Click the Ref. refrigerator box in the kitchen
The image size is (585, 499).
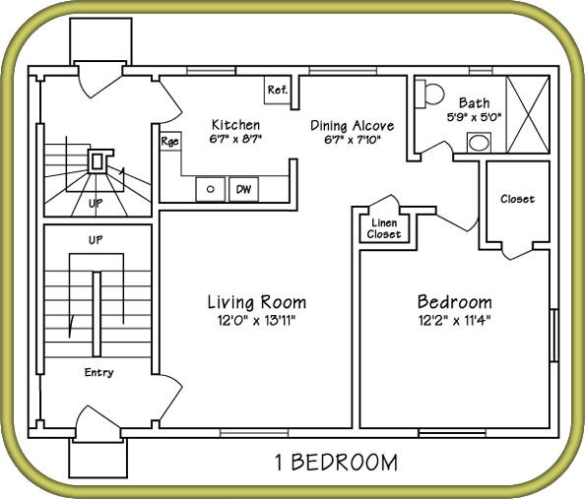[x=277, y=90]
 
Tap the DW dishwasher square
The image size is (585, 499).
[x=243, y=189]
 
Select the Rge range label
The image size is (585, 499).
[x=169, y=142]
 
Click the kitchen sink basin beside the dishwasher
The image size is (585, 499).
[x=211, y=189]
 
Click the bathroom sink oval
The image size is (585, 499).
[x=479, y=143]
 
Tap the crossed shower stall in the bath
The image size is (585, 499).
[x=528, y=114]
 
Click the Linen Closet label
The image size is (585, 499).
[x=383, y=228]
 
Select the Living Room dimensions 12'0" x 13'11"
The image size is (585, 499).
[x=257, y=320]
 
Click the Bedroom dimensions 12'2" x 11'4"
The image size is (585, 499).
[x=454, y=320]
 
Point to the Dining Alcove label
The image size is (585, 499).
[x=353, y=125]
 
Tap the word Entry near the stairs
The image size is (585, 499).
[x=98, y=373]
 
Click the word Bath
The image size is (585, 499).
[x=474, y=102]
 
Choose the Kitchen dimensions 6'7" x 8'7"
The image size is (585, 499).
[x=235, y=139]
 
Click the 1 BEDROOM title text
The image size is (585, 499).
[x=336, y=463]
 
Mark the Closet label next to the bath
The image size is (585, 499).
[x=517, y=199]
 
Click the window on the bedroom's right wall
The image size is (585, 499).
[x=554, y=335]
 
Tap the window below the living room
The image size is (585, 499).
[x=254, y=433]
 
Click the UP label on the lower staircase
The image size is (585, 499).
[x=96, y=240]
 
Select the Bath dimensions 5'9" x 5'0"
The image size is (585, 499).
[x=474, y=117]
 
